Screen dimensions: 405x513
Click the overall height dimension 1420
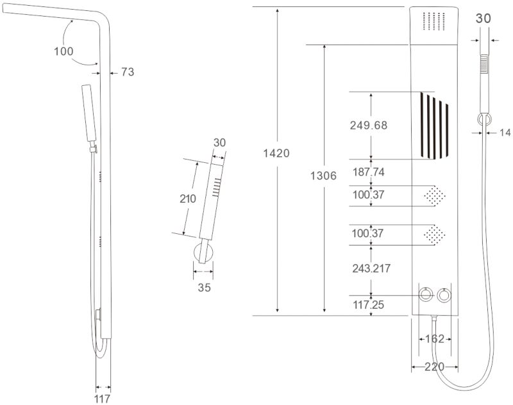pyautogui.click(x=276, y=153)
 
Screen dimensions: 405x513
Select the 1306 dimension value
pyautogui.click(x=323, y=176)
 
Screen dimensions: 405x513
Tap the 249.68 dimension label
pyautogui.click(x=369, y=126)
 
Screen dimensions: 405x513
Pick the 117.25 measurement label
pyautogui.click(x=368, y=305)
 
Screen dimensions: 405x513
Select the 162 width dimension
pyautogui.click(x=435, y=339)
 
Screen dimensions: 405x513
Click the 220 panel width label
pyautogui.click(x=434, y=367)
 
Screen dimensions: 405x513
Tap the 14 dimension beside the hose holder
pyautogui.click(x=505, y=133)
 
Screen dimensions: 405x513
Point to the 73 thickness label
pyautogui.click(x=128, y=72)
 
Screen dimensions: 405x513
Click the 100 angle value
pyautogui.click(x=64, y=51)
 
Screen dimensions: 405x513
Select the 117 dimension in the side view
pyautogui.click(x=104, y=398)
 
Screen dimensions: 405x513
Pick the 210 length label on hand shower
pyautogui.click(x=188, y=199)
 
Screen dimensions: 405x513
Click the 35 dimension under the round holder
pyautogui.click(x=204, y=288)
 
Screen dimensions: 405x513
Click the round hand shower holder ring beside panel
pyautogui.click(x=485, y=119)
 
